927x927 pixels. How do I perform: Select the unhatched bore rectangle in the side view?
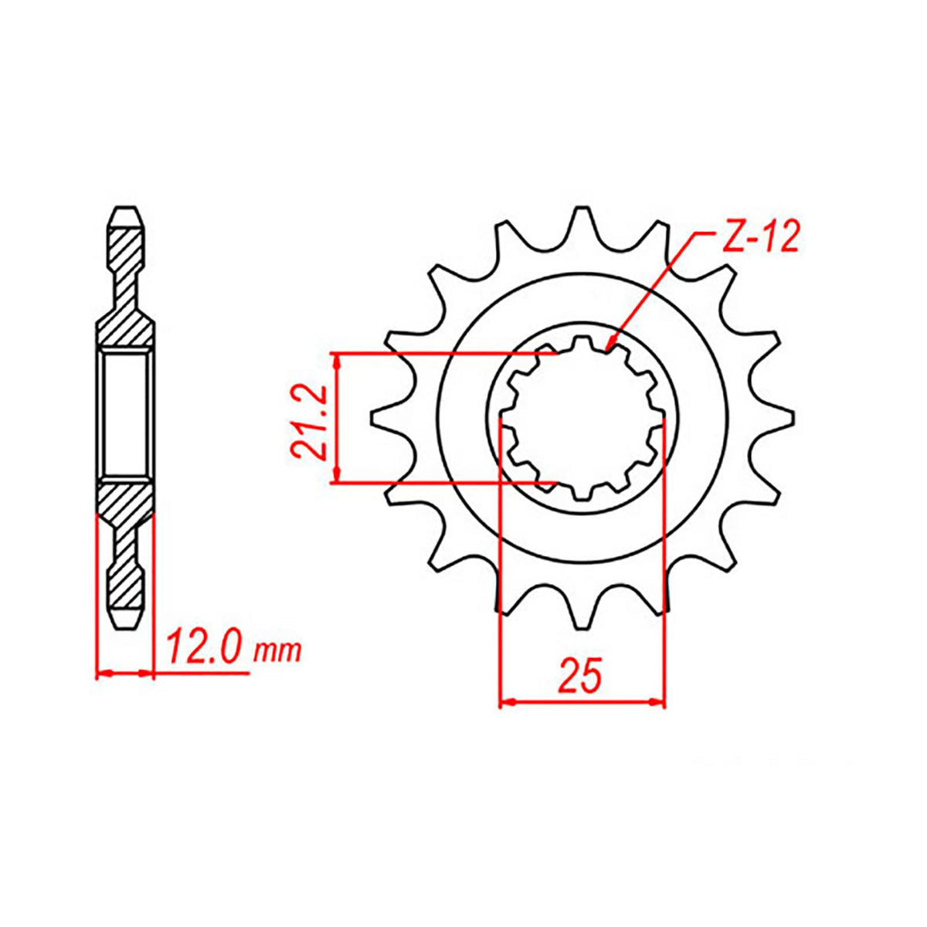[125, 414]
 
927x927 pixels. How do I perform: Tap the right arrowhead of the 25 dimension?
[658, 702]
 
